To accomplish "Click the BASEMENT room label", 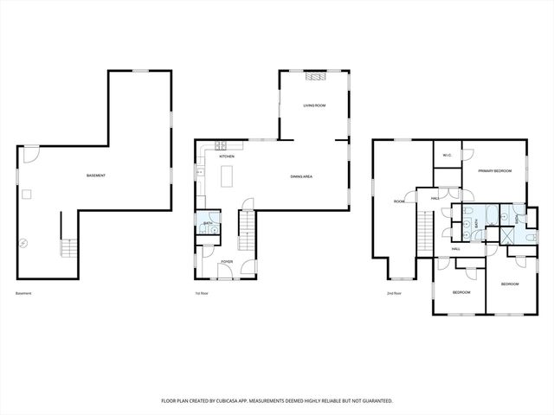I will pos(96,176).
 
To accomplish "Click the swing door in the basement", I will pos(30,155).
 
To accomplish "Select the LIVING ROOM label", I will pos(313,105).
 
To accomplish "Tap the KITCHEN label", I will pos(227,156).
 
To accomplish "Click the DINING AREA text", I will pos(301,176).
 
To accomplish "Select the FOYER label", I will pos(226,261).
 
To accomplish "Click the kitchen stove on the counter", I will pos(221,144).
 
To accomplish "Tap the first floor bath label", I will pos(208,224).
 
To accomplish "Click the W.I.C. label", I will pos(447,156).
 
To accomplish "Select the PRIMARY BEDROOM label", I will pos(495,171).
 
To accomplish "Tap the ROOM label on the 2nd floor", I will pos(399,201).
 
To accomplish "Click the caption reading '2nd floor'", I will pos(394,294).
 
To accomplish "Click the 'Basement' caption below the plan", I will pos(23,294).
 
